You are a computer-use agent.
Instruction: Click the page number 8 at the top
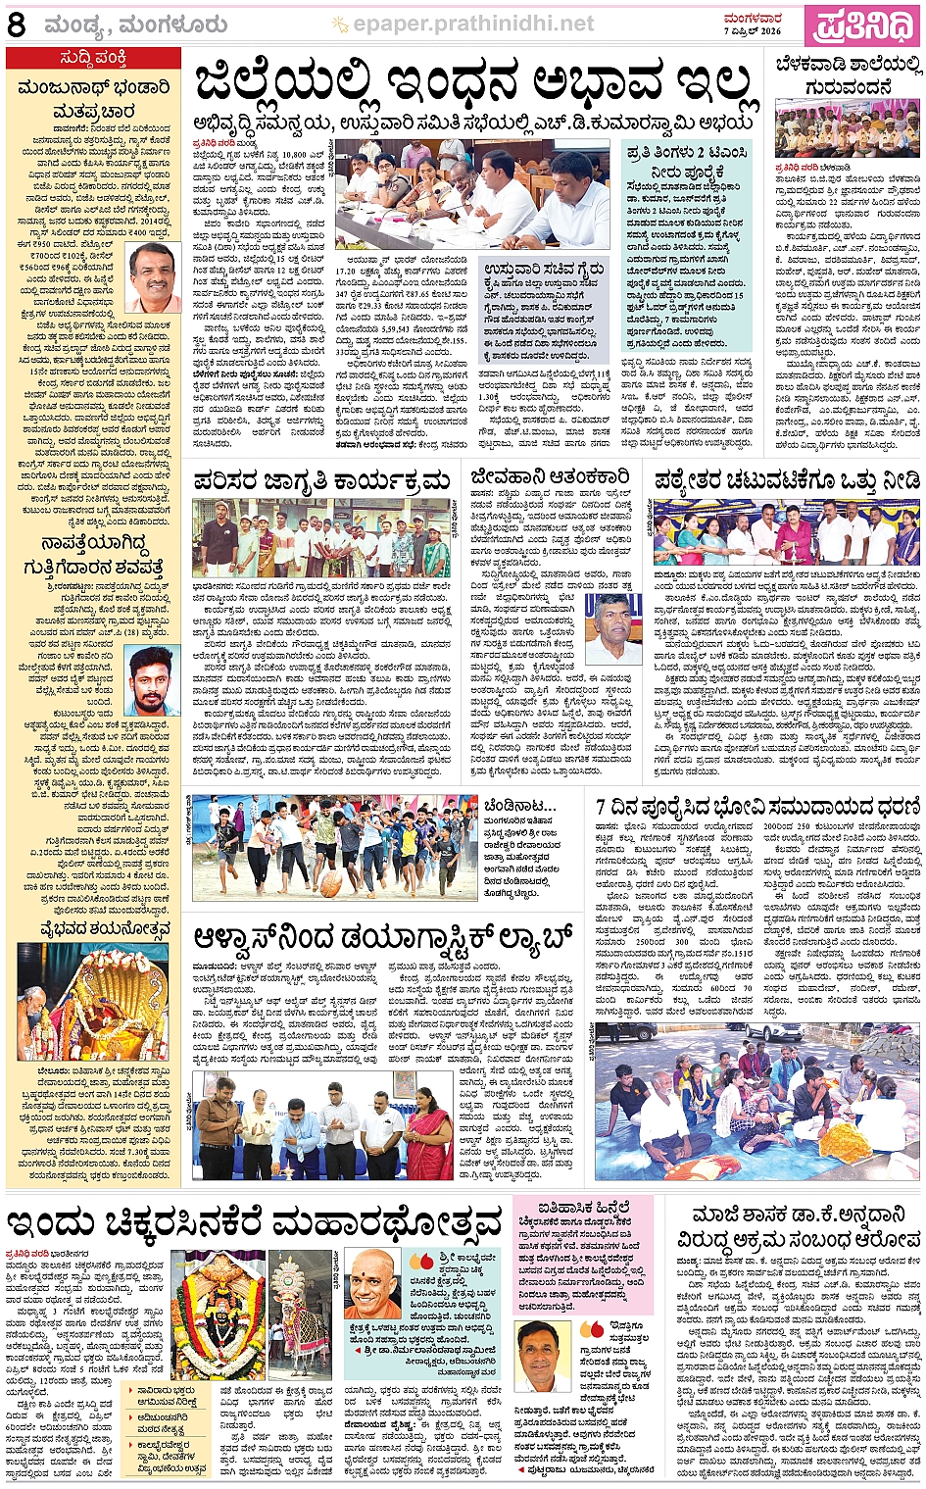click(x=16, y=25)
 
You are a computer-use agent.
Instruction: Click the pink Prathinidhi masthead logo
click(x=862, y=25)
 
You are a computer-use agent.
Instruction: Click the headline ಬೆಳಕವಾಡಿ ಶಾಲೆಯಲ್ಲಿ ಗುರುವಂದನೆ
click(x=849, y=76)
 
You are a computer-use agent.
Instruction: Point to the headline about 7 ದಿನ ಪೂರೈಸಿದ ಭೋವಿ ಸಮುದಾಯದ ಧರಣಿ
click(x=757, y=807)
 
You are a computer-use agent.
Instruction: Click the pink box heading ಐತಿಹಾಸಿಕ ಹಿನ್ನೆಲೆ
click(x=586, y=1209)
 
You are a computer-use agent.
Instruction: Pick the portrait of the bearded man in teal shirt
click(x=153, y=681)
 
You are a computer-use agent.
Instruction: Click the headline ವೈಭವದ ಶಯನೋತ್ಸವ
click(x=91, y=929)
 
